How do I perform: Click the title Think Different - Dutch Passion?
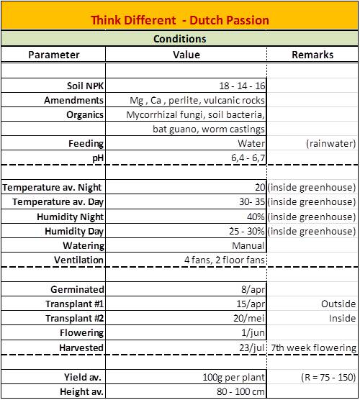pos(180,20)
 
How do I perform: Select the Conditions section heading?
pos(180,39)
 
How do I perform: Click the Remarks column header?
pos(313,55)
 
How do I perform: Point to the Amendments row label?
pos(73,100)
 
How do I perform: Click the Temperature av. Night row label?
pos(53,188)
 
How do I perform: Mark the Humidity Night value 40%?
pos(255,217)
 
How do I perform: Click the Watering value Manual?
pos(248,245)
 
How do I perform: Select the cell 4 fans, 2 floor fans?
pos(225,260)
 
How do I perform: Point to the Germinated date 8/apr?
pos(254,289)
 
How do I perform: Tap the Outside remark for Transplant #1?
pos(338,304)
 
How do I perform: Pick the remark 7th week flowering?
pos(313,347)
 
